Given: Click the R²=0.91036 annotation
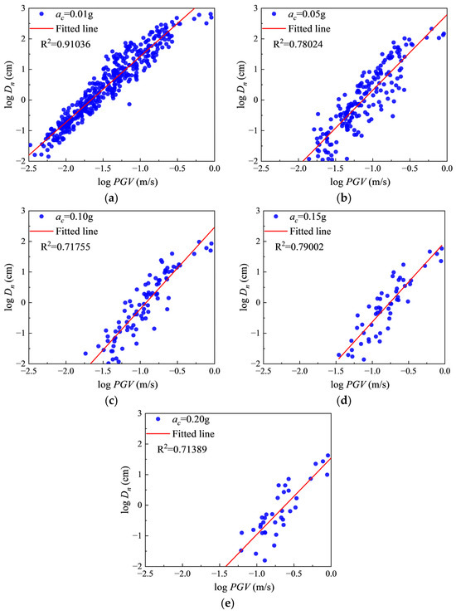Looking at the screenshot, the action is [x=65, y=43].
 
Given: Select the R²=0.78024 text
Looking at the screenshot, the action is [x=298, y=43].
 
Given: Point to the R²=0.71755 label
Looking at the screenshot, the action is [x=65, y=246].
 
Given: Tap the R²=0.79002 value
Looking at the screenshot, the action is [x=299, y=246].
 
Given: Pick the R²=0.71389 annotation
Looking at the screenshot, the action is [x=182, y=449].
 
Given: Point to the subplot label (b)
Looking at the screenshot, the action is [x=344, y=198].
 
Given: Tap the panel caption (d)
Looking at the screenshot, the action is [x=344, y=401].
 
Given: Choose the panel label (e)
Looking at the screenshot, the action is [x=228, y=603].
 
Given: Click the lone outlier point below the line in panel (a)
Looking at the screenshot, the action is [x=129, y=104].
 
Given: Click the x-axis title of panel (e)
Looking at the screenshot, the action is [x=244, y=587].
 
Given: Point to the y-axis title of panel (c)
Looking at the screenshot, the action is [x=9, y=287].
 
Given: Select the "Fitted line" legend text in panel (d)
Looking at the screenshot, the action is [x=310, y=232].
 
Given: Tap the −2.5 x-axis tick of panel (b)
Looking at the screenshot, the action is [x=261, y=168].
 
